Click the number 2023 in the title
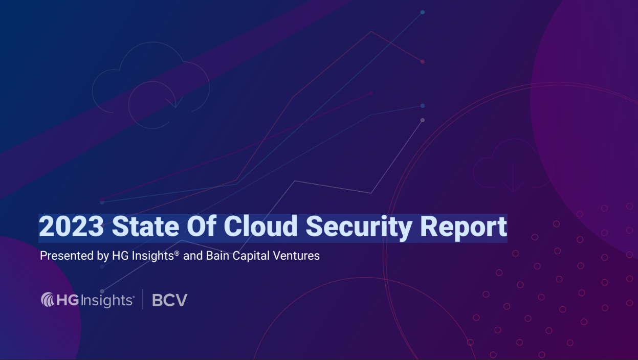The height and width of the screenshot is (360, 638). click(72, 227)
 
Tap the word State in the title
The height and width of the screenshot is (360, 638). click(145, 227)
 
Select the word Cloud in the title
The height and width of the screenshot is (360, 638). click(261, 226)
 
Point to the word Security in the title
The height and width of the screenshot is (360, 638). click(359, 228)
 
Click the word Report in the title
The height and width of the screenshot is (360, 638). click(464, 228)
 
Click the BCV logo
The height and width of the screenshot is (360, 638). click(170, 300)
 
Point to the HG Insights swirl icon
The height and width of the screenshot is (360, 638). click(47, 299)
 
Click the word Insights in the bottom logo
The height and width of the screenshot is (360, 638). click(107, 301)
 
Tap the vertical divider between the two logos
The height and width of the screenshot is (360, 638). click(143, 299)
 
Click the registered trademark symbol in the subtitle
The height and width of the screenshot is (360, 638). click(177, 253)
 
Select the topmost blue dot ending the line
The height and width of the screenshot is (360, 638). click(423, 12)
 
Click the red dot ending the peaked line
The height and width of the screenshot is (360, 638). click(423, 62)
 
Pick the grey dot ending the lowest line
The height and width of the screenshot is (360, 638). click(423, 120)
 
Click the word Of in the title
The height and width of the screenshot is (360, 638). click(202, 226)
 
